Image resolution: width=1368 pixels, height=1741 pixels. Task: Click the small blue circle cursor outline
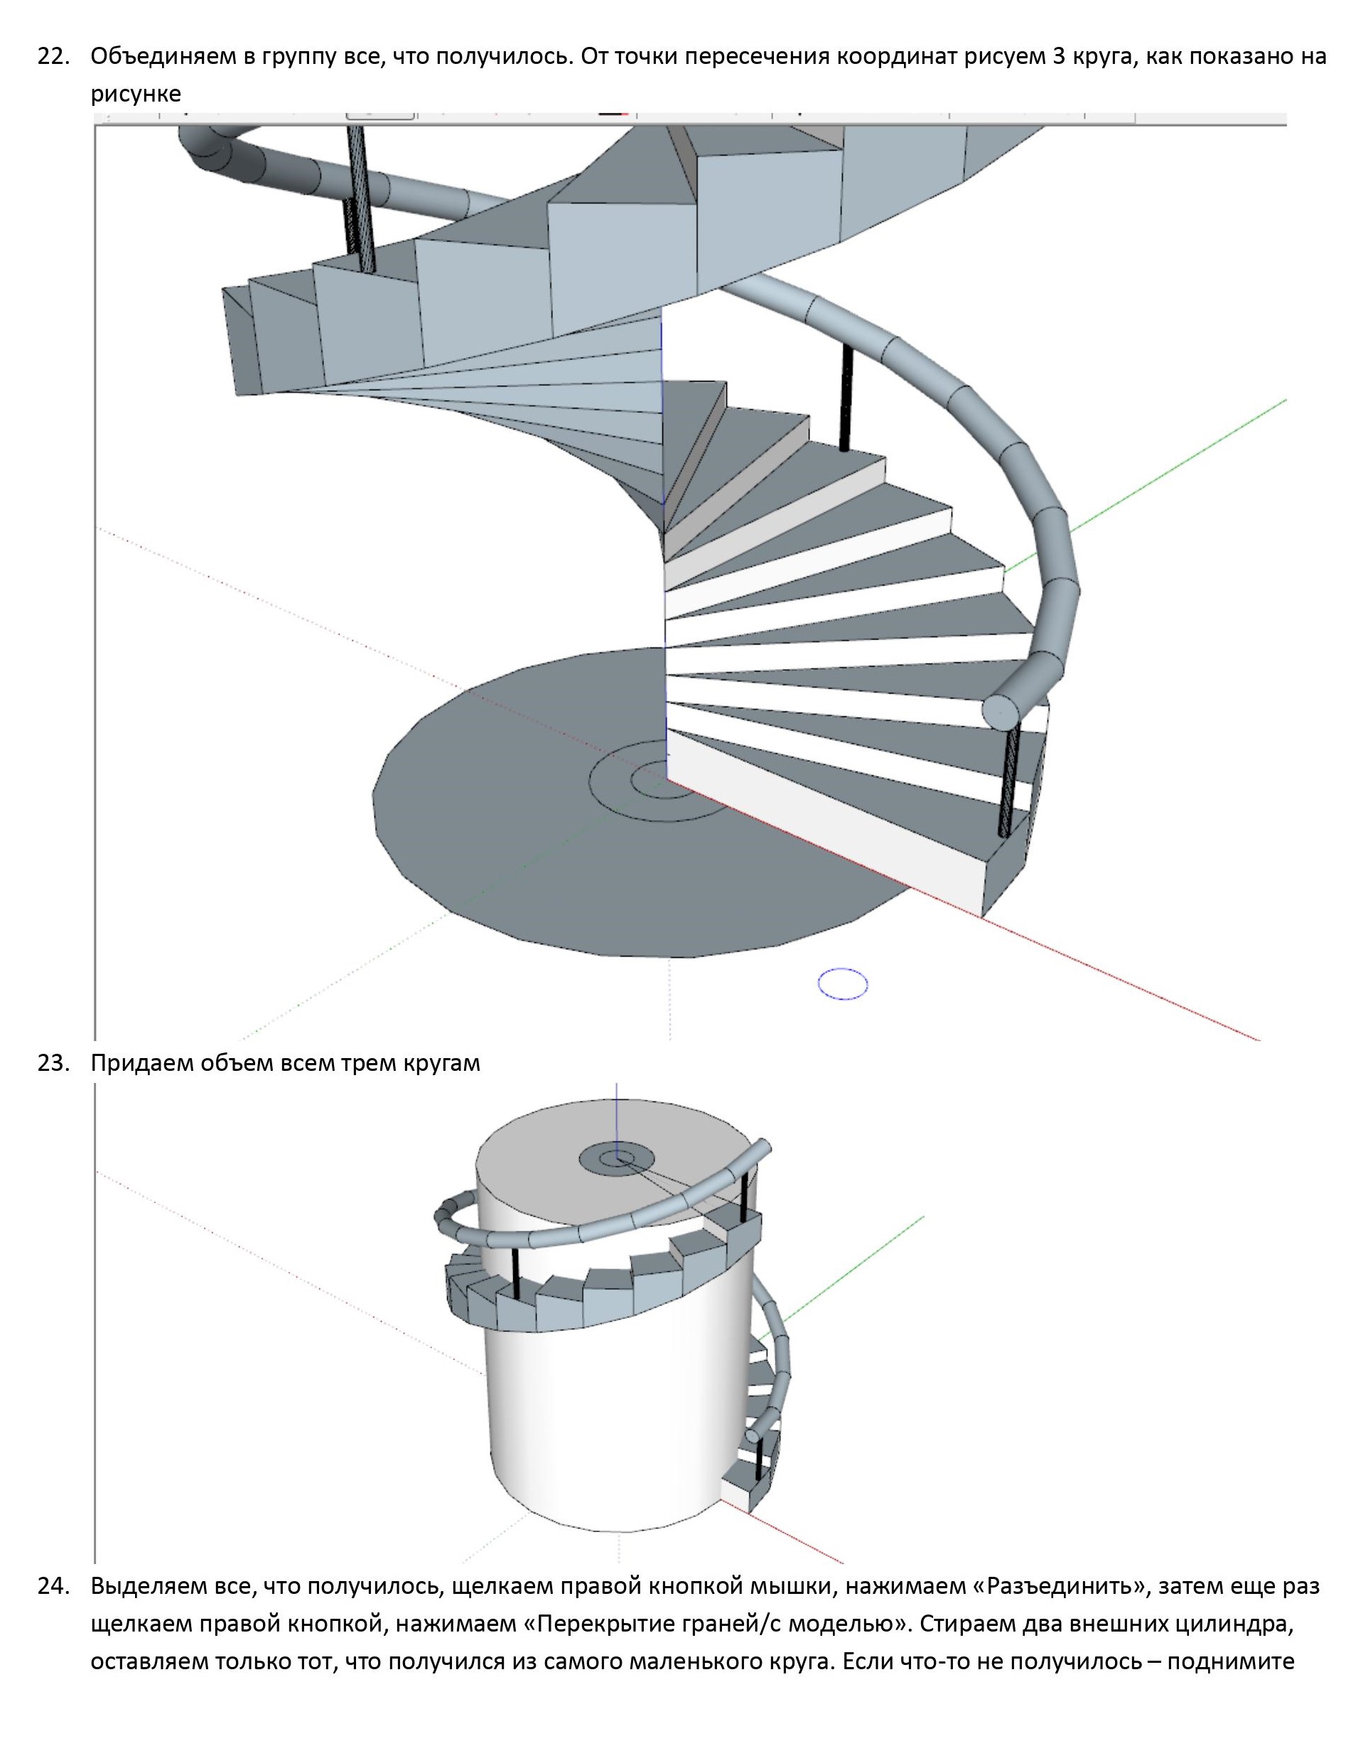[x=844, y=983]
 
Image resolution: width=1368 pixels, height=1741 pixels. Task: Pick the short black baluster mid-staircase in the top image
[x=845, y=398]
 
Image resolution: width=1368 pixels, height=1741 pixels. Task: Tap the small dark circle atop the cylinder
[x=616, y=1159]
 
